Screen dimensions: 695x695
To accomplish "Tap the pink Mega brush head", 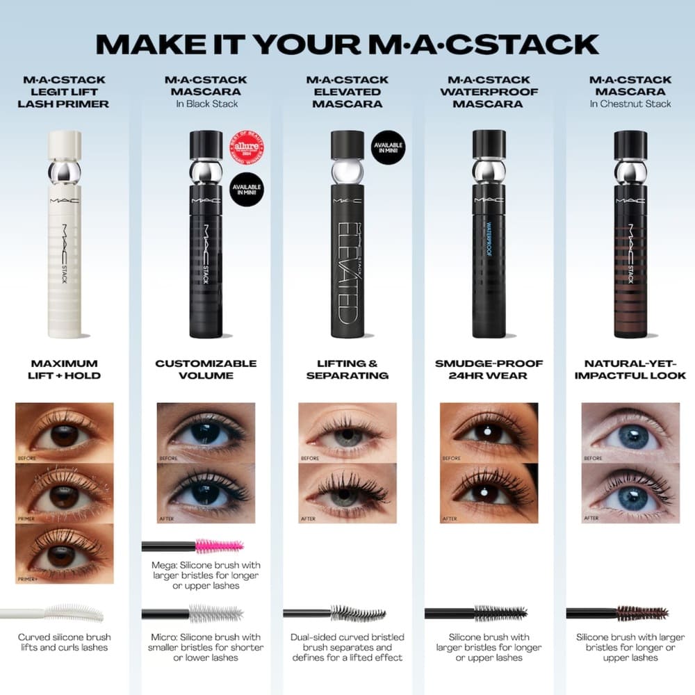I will [x=220, y=546].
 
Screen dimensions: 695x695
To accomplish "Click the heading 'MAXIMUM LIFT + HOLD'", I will [x=65, y=369].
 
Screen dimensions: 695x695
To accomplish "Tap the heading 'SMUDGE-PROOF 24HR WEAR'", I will [x=489, y=369].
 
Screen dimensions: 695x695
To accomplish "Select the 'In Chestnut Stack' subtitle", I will [x=630, y=104].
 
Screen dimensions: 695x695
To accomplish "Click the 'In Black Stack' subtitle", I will [x=206, y=104].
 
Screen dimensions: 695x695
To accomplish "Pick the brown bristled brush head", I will [x=643, y=613].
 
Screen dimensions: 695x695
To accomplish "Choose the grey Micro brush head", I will [x=215, y=614].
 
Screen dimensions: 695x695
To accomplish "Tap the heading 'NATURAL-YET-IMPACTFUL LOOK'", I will [x=630, y=369].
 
